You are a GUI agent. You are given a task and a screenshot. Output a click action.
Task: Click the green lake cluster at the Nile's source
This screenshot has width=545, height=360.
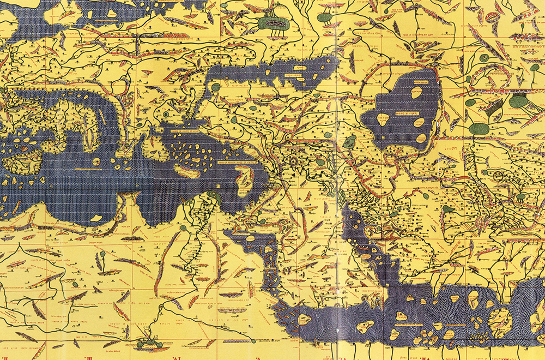pyautogui.click(x=146, y=343)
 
